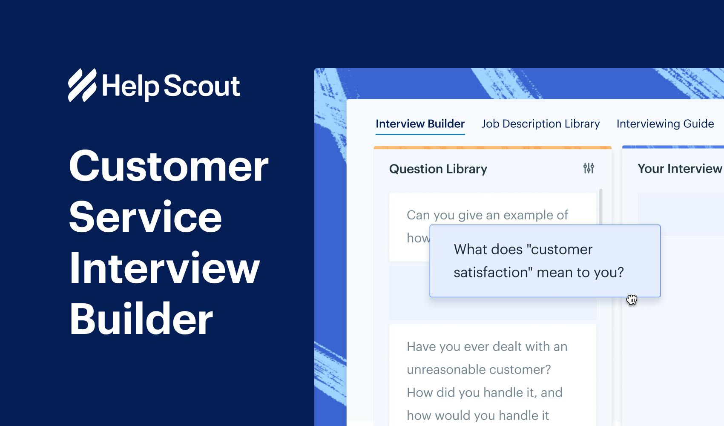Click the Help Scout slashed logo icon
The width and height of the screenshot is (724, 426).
point(82,85)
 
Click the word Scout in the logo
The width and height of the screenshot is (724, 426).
point(202,86)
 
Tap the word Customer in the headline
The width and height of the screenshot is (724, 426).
point(169,167)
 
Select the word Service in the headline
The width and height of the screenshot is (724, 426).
point(145,217)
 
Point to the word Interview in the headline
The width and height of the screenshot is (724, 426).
point(164,268)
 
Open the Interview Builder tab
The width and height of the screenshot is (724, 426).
point(420,124)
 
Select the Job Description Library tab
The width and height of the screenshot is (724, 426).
point(540,124)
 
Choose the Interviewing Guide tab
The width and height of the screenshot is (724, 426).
point(665,124)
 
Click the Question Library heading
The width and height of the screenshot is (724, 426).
point(438,169)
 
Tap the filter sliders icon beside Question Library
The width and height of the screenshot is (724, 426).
point(589,168)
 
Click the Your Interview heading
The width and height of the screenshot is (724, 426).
point(680,169)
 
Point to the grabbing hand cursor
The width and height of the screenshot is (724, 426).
point(632,300)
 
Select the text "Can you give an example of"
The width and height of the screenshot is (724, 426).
point(487,215)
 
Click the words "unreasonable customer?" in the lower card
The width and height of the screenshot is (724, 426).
point(479,369)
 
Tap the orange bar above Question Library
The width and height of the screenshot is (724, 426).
point(492,148)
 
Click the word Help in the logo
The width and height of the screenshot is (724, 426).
point(130,86)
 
